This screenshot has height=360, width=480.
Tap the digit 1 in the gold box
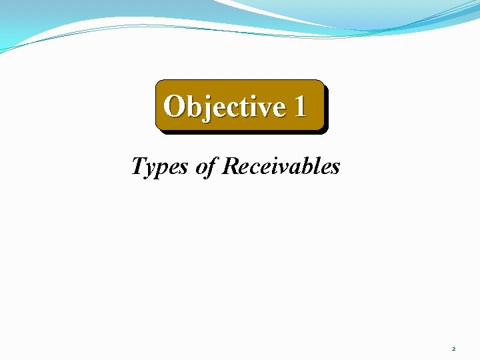click(x=299, y=106)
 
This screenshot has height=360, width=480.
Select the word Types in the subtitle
click(x=161, y=167)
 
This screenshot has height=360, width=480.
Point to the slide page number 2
click(x=453, y=349)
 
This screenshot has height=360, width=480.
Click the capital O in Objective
click(x=175, y=106)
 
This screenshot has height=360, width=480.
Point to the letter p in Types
click(x=163, y=169)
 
